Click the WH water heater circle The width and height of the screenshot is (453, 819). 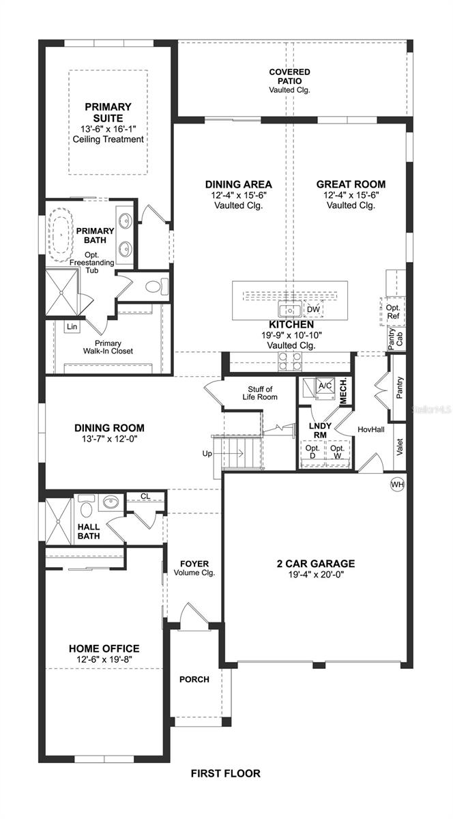(x=398, y=485)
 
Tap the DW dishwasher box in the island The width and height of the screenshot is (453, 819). (x=313, y=309)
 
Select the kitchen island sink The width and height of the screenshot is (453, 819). (x=289, y=310)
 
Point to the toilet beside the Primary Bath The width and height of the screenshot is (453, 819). (x=157, y=286)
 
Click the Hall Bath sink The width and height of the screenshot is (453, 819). (x=110, y=502)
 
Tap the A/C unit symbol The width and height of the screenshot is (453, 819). (x=325, y=386)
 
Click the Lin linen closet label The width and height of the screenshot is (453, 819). (x=72, y=326)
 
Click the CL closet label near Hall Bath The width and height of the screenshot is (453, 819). (x=145, y=496)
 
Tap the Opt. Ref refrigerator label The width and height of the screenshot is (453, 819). (x=393, y=312)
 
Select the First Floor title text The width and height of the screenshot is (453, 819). (x=226, y=773)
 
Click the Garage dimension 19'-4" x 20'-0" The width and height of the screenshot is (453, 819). (x=316, y=575)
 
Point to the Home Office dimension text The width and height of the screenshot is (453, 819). (x=104, y=659)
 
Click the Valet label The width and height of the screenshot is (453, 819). (x=400, y=447)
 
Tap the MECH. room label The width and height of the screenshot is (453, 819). (x=343, y=391)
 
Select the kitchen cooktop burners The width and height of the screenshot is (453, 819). (x=290, y=361)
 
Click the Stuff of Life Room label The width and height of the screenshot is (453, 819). (x=260, y=393)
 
